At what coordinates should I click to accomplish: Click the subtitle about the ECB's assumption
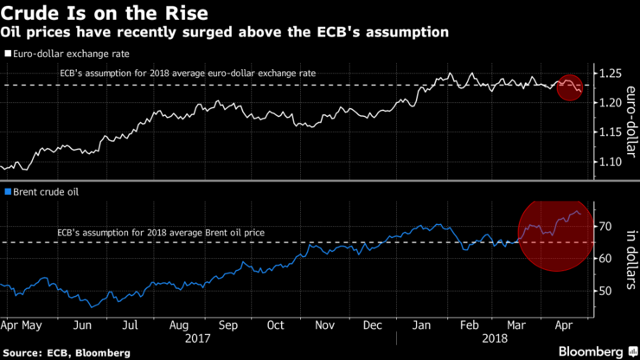click(225, 32)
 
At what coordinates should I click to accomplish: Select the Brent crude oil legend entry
click(42, 191)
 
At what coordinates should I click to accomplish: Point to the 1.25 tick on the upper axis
click(612, 73)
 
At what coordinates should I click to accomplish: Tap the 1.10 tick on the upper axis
click(612, 162)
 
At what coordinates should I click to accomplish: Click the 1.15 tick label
click(612, 132)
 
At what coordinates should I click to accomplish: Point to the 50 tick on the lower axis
click(606, 291)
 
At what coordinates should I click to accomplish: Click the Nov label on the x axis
click(324, 326)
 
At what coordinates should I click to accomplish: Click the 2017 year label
click(199, 338)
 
